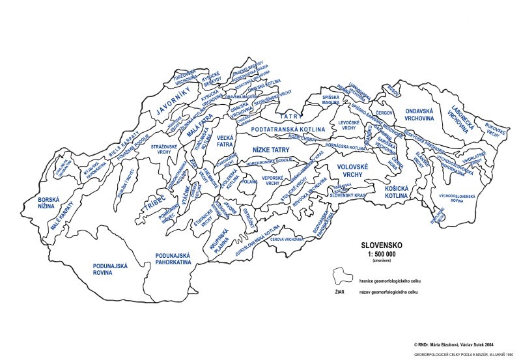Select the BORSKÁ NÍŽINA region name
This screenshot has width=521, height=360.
(49, 204)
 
